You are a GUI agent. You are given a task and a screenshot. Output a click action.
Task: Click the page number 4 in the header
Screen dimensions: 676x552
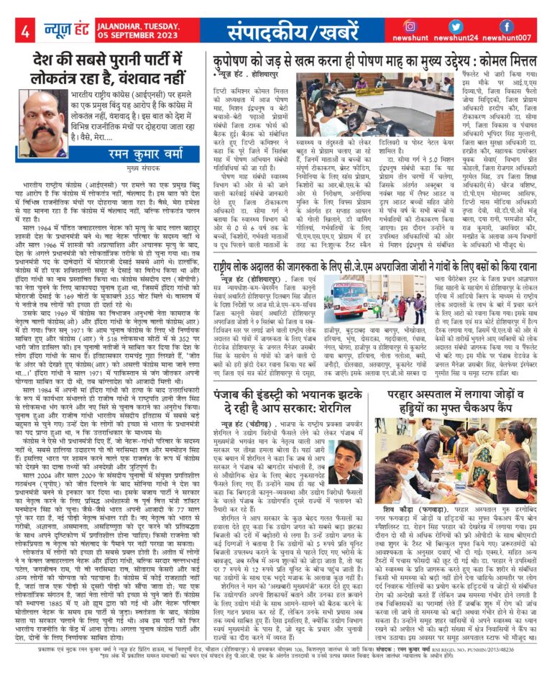click(x=24, y=32)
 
